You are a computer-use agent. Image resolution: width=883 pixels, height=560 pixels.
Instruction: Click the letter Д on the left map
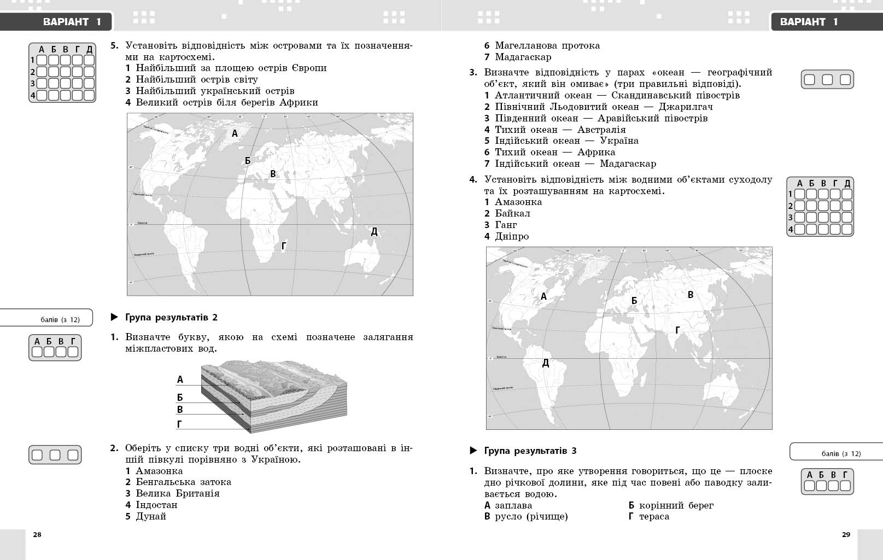tap(375, 232)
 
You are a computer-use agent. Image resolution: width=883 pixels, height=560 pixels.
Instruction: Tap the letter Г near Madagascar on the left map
tap(283, 247)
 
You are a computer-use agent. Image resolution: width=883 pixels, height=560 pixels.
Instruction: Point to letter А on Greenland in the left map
tap(235, 133)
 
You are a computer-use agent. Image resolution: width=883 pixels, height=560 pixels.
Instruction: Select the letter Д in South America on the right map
tap(545, 363)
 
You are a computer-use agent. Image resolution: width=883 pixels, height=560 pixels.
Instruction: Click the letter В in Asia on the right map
tap(691, 295)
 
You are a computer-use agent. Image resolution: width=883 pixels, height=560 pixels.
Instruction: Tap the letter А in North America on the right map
tap(543, 296)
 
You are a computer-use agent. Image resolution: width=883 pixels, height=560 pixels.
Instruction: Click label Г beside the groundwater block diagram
tap(179, 424)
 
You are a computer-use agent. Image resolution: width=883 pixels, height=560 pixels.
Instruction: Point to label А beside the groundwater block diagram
tap(180, 380)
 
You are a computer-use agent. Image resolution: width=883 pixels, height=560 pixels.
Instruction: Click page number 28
tap(37, 535)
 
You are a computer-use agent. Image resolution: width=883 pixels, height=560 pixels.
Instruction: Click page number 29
tap(846, 535)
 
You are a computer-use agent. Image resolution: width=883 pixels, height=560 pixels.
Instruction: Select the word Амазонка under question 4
tap(518, 202)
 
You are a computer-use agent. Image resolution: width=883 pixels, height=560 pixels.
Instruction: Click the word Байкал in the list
tap(512, 213)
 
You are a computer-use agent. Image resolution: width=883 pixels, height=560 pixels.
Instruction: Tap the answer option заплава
tap(513, 505)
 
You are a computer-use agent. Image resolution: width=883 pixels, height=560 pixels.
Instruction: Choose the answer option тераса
tap(654, 516)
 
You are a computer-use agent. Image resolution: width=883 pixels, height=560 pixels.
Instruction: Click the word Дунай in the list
tap(151, 516)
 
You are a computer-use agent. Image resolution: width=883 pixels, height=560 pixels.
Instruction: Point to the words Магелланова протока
tap(547, 45)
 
